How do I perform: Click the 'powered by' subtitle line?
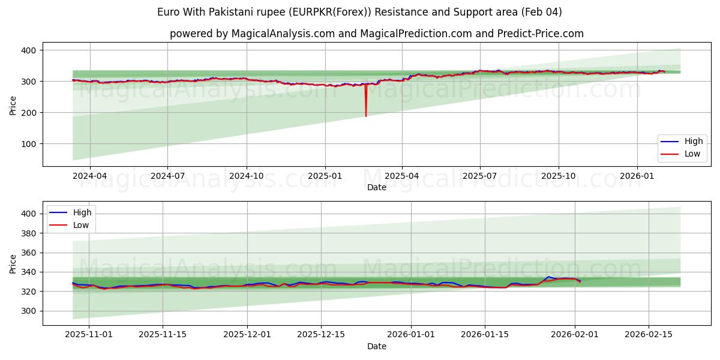pos(376,34)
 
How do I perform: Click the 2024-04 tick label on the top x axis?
pos(90,176)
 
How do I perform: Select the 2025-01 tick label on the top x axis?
pos(325,176)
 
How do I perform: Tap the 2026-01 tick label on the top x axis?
pos(637,176)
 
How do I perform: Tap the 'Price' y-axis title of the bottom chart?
pos(13,263)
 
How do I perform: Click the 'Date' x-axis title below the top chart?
pos(376,187)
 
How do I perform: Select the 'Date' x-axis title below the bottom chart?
pos(376,346)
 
